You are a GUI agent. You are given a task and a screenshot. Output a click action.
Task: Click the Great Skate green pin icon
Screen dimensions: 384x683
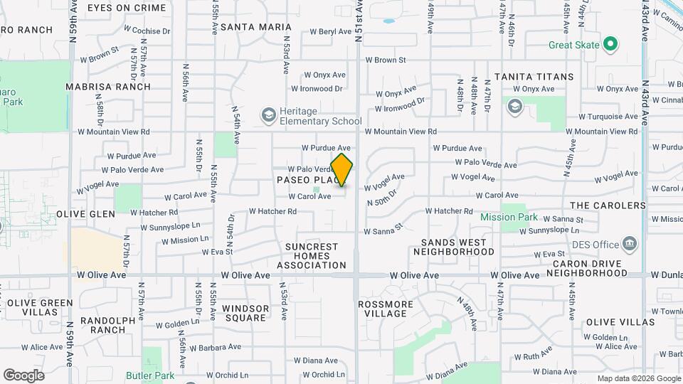tap(610, 45)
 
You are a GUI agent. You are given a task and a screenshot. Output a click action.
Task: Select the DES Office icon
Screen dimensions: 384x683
tap(629, 244)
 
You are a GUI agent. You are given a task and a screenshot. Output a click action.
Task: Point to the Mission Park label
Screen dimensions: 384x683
tap(509, 217)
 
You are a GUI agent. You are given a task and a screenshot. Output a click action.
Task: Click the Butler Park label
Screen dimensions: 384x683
tap(150, 375)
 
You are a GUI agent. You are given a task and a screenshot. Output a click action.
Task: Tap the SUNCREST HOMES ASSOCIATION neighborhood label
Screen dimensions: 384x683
tap(311, 256)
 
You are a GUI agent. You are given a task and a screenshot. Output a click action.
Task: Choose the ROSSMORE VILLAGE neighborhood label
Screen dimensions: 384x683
tap(384, 309)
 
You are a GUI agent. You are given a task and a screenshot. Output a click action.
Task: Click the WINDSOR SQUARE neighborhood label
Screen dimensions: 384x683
tap(245, 314)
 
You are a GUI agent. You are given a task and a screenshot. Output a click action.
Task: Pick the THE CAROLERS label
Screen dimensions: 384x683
tap(607, 206)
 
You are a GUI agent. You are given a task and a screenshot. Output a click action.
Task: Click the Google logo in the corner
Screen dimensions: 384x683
tap(23, 375)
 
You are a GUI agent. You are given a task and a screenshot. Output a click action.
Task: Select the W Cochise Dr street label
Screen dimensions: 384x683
tap(147, 31)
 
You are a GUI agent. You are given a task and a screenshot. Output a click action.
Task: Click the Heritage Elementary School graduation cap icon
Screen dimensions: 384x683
tap(268, 115)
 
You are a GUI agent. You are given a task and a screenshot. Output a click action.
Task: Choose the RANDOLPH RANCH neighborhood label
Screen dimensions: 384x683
tap(107, 325)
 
